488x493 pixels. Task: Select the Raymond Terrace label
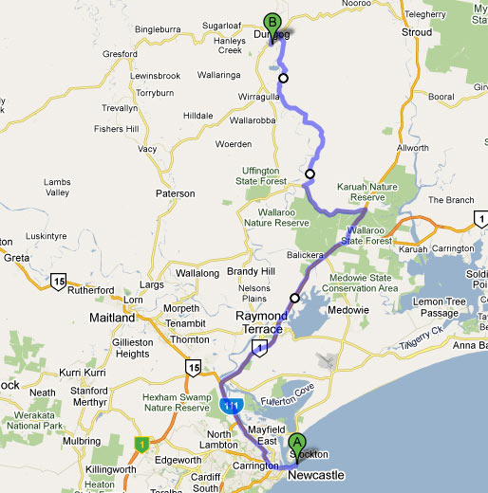click(261, 321)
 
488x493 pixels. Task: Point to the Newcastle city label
click(315, 476)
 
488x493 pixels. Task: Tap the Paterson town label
click(175, 193)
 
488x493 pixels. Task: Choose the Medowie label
click(347, 310)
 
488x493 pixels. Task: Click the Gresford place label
click(121, 55)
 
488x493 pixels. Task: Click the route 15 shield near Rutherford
click(60, 282)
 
